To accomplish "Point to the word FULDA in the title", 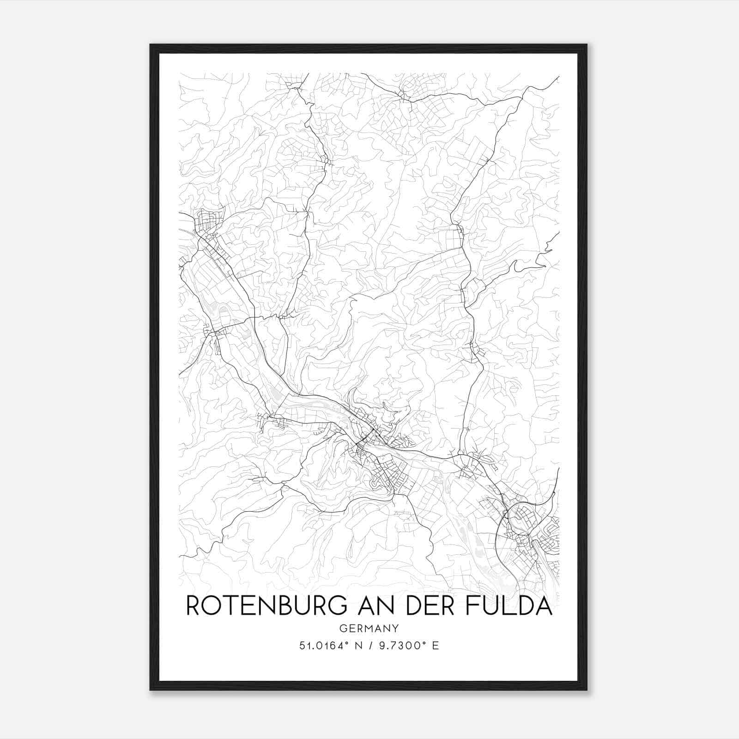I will [x=508, y=606].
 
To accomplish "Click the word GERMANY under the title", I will [x=369, y=628].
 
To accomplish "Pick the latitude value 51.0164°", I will [x=321, y=646].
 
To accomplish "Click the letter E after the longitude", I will [x=435, y=646].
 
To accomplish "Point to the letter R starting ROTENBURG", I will [x=193, y=606].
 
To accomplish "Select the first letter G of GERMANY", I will [x=342, y=628].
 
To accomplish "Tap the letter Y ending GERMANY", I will [x=395, y=628].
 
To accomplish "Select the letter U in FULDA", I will [x=490, y=606].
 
